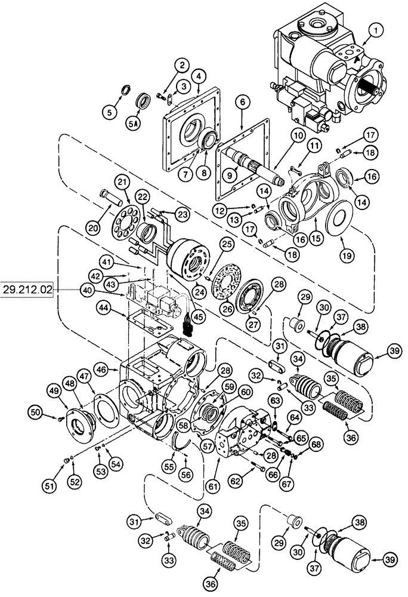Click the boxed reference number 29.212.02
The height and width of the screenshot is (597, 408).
click(27, 290)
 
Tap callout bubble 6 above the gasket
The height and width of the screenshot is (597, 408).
click(241, 119)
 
